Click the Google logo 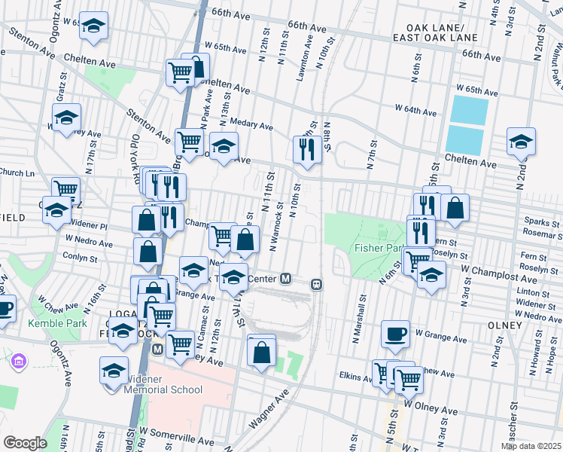(x=25, y=443)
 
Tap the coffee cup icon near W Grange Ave (x=395, y=334)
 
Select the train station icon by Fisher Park (x=317, y=284)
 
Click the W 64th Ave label (x=415, y=111)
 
